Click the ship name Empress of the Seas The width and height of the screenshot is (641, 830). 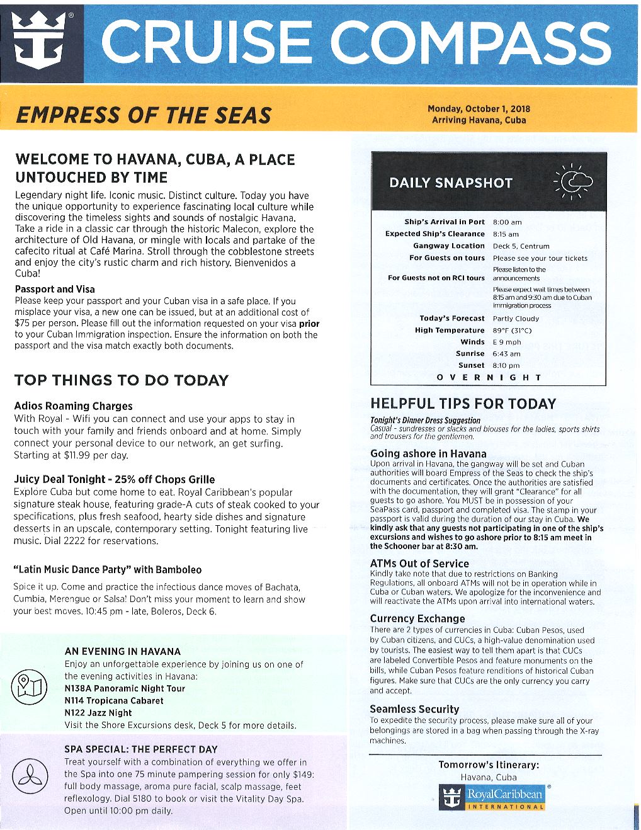(143, 116)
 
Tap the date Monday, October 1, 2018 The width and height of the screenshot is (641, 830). (479, 109)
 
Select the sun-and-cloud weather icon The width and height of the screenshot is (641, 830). (572, 182)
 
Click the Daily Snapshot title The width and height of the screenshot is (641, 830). (451, 183)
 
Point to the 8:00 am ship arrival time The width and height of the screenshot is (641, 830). (507, 222)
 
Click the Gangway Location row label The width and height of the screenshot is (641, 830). (448, 246)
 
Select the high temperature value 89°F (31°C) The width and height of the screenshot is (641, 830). (512, 331)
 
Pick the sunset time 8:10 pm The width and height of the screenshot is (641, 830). (506, 365)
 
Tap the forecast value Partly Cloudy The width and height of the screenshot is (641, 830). (516, 319)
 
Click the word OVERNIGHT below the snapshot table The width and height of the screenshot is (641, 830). (489, 377)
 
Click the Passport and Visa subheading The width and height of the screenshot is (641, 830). (55, 290)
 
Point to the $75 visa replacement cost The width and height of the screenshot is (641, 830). (23, 324)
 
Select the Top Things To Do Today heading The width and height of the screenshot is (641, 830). (121, 380)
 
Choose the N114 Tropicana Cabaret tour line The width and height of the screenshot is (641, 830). (113, 700)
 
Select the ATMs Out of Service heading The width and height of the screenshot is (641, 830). (419, 564)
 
